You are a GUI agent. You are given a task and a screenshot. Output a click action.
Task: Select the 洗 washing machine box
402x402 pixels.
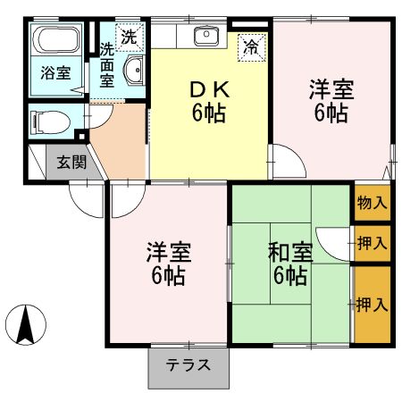point(130,37)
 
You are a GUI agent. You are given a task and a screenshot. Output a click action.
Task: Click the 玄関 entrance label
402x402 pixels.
point(72,163)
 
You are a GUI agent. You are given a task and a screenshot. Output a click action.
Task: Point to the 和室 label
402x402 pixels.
point(290,253)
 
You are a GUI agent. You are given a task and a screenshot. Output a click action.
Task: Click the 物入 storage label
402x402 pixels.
point(373,202)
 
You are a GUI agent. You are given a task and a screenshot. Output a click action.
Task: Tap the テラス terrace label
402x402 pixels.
point(188,364)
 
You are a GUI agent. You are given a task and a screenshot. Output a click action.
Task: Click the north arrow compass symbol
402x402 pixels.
point(27,324)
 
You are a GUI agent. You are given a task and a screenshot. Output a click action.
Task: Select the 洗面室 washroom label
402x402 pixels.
point(106,63)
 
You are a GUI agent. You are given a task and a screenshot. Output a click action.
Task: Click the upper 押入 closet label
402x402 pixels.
point(373,242)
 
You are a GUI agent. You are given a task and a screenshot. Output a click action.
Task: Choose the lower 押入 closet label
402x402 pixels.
point(373,305)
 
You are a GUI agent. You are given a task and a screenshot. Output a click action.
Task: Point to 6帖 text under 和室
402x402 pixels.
point(290,276)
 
